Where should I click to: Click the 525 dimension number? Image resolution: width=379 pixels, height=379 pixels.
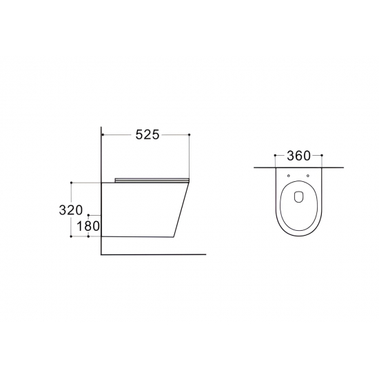pos(147,134)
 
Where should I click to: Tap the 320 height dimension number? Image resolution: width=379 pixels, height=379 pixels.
pos(71,209)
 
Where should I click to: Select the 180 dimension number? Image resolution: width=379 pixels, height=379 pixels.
pos(88,226)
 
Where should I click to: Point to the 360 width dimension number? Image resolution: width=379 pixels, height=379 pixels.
pos(298,156)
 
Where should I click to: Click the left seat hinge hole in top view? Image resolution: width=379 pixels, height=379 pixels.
pos(289,176)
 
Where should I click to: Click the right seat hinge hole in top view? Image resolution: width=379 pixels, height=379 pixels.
pos(308,176)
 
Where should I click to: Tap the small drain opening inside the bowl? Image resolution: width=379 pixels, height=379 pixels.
pos(298,196)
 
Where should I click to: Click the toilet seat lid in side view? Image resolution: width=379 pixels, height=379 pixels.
pos(152,180)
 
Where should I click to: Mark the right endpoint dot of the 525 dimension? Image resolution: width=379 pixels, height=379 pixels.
pos(189,134)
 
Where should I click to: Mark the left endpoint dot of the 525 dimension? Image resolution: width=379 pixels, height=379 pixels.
pos(103,134)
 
